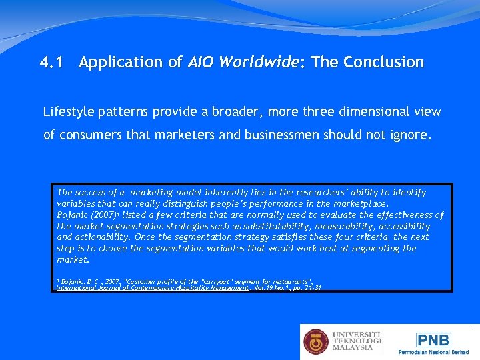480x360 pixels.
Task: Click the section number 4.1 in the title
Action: (x=53, y=63)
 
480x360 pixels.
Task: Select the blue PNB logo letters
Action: (x=433, y=340)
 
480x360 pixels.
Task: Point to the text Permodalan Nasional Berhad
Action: (x=433, y=352)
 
